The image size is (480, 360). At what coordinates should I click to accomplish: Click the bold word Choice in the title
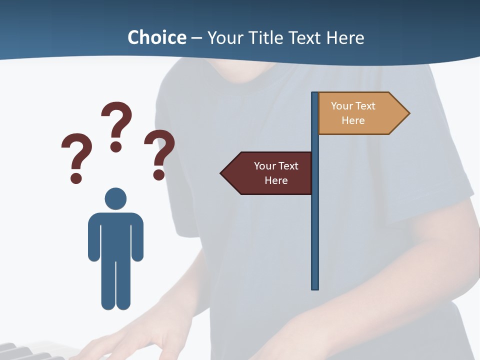pos(156,37)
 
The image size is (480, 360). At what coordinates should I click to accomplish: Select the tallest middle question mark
pos(116,126)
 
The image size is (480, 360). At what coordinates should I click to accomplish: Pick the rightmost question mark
pos(159,154)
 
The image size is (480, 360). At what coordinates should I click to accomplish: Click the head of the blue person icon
pos(115,198)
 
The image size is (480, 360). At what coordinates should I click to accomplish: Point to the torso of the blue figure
pos(115,235)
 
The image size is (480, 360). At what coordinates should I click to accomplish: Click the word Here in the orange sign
pos(353,120)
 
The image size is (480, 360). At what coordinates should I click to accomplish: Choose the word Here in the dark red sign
pos(276,180)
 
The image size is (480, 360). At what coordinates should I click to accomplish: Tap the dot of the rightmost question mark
pos(159,174)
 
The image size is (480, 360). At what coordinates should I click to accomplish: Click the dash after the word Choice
pos(197,38)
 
